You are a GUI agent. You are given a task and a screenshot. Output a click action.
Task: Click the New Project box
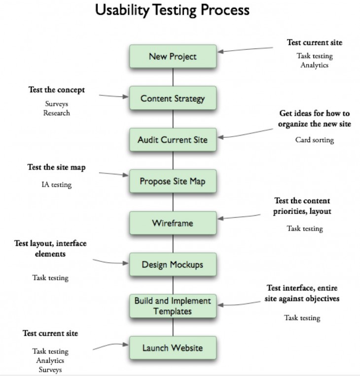click(x=173, y=56)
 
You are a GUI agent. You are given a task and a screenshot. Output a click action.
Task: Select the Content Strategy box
click(x=173, y=98)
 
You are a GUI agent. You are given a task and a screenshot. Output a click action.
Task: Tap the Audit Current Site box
click(x=173, y=140)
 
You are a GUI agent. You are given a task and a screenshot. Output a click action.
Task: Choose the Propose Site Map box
click(x=173, y=181)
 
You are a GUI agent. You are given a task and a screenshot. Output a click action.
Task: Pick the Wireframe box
click(x=173, y=223)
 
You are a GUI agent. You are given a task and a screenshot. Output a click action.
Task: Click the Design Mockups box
click(x=173, y=265)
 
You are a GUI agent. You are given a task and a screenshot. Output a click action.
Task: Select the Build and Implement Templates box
click(x=173, y=306)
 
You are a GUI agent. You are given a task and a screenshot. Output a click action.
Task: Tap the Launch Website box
click(x=173, y=348)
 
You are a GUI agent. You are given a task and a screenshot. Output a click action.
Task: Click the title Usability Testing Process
click(x=173, y=10)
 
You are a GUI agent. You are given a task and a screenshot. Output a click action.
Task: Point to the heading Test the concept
click(x=56, y=90)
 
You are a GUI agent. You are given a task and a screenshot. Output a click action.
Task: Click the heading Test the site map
click(x=56, y=168)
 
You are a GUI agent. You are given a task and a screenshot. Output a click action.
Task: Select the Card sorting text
click(x=315, y=140)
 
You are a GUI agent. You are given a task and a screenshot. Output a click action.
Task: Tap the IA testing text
click(x=56, y=185)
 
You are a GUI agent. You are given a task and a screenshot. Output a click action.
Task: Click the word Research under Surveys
click(x=56, y=113)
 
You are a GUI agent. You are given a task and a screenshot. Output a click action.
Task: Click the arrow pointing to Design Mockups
click(x=111, y=262)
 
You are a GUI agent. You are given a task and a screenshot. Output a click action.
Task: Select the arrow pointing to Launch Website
click(x=111, y=345)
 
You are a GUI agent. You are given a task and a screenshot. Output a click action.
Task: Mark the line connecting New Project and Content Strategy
click(x=173, y=77)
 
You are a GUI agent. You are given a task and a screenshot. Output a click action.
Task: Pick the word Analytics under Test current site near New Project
click(x=315, y=65)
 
